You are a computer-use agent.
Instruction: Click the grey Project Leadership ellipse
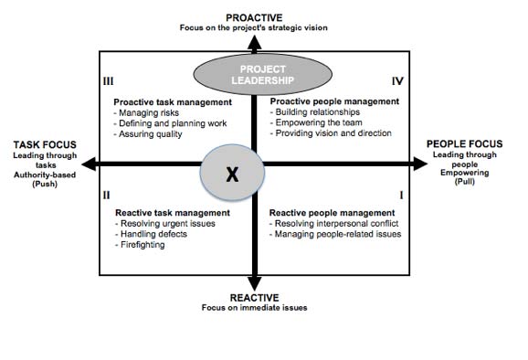[x=255, y=73]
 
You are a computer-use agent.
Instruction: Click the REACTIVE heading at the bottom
[x=255, y=297]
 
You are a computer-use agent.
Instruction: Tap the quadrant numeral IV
[x=396, y=81]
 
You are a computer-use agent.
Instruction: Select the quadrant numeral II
[x=107, y=195]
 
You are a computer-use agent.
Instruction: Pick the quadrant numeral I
[x=401, y=195]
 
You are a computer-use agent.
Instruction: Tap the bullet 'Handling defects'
[x=150, y=234]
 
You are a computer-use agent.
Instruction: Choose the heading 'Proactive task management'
[x=172, y=102]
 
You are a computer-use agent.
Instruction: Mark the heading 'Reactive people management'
[x=328, y=213]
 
